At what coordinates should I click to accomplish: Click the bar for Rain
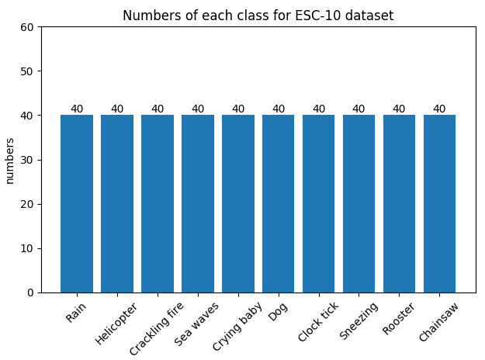[77, 203]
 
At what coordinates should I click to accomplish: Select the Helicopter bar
[117, 203]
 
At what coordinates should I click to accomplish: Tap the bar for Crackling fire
[158, 203]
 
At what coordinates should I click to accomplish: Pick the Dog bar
[279, 203]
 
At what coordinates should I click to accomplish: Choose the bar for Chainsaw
[439, 203]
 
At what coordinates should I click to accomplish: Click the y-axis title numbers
[10, 160]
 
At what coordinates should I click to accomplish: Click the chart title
[258, 15]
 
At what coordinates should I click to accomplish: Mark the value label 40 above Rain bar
[77, 109]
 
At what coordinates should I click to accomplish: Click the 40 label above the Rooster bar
[399, 109]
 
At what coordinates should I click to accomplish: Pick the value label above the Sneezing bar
[359, 109]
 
